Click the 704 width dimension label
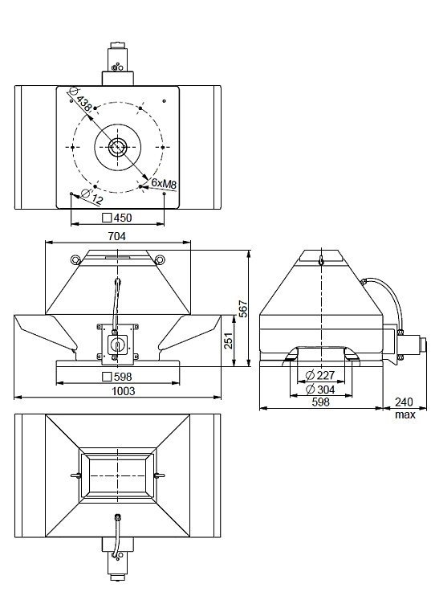point(117,236)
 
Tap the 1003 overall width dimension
point(124,390)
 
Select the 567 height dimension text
point(242,308)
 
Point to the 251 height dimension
point(229,341)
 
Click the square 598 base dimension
point(117,377)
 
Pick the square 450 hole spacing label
point(117,218)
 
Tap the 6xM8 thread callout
point(164,183)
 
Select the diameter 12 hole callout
point(92,197)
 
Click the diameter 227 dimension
point(320,376)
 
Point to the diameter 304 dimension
point(320,390)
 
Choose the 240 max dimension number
point(404,402)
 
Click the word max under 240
point(405,414)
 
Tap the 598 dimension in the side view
point(320,402)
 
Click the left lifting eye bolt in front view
point(75,259)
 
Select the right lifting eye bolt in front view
point(160,259)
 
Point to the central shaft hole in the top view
point(117,147)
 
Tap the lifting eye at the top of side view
point(320,259)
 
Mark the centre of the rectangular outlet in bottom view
point(117,475)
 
